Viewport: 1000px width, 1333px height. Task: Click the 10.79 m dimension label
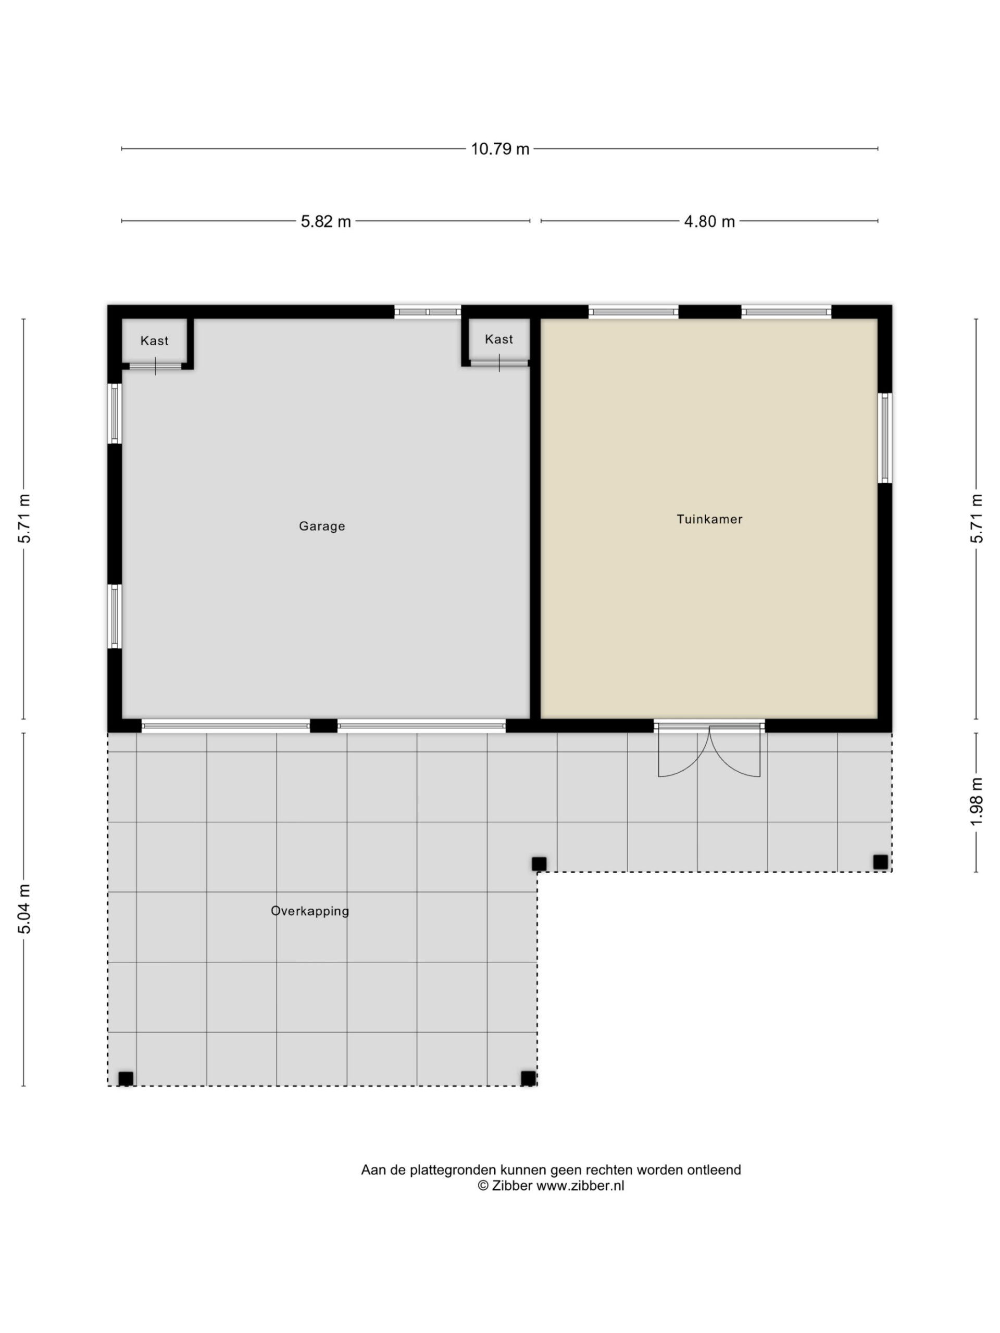pyautogui.click(x=499, y=149)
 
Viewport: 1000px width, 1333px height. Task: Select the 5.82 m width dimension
pyautogui.click(x=326, y=221)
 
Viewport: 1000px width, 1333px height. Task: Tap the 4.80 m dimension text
pyautogui.click(x=709, y=221)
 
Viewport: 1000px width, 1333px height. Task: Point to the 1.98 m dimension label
pyautogui.click(x=977, y=801)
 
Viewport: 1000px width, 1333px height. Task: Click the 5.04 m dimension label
pyautogui.click(x=24, y=909)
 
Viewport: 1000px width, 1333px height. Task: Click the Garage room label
pyautogui.click(x=322, y=526)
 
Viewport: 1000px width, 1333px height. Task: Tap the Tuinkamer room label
pyautogui.click(x=709, y=519)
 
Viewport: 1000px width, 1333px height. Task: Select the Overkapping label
pyautogui.click(x=310, y=911)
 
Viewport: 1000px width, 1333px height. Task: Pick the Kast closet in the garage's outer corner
pyautogui.click(x=154, y=341)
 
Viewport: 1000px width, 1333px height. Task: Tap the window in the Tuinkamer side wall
pyautogui.click(x=884, y=437)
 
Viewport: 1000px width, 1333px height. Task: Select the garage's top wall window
pyautogui.click(x=428, y=312)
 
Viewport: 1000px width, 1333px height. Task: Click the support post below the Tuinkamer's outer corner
pyautogui.click(x=880, y=862)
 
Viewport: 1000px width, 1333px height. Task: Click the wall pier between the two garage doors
pyautogui.click(x=323, y=725)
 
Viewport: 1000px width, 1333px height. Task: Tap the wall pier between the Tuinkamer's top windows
pyautogui.click(x=709, y=312)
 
